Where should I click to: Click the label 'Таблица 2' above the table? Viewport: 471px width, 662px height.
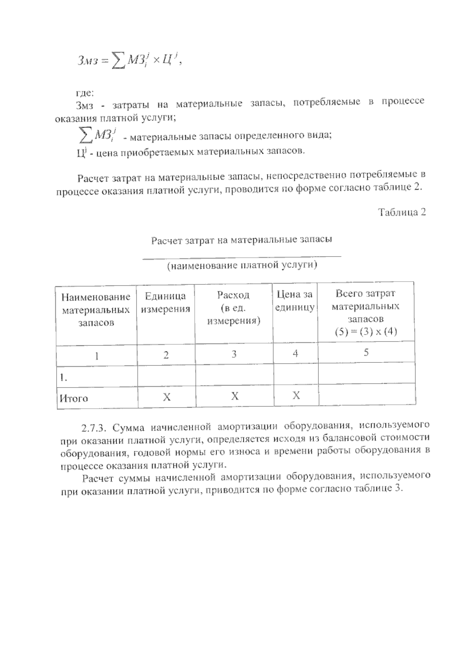point(402,213)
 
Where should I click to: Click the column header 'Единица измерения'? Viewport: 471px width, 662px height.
point(165,302)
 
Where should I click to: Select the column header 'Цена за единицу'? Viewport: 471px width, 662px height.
point(295,301)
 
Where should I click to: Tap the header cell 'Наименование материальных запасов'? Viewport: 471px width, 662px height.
point(96,310)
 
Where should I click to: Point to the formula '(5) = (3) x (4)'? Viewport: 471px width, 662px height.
point(365,332)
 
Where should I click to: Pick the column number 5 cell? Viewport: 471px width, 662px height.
point(366,353)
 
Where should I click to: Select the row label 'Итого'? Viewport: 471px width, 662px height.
point(74,398)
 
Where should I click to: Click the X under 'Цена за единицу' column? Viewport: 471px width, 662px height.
point(296,396)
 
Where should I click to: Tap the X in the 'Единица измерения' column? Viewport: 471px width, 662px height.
point(166,397)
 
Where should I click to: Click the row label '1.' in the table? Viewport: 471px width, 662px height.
point(63,377)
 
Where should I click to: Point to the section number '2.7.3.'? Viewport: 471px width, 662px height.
point(93,426)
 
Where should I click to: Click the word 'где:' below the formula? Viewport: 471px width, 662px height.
point(84,93)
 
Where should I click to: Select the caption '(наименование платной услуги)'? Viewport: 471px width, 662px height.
point(242,266)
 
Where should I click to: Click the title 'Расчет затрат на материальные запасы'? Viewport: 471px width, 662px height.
point(242,240)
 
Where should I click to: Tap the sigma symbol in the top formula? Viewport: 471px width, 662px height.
point(117,61)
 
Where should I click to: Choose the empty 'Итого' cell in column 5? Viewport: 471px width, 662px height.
point(367,395)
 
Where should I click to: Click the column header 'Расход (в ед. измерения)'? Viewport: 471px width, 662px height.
point(234,308)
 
